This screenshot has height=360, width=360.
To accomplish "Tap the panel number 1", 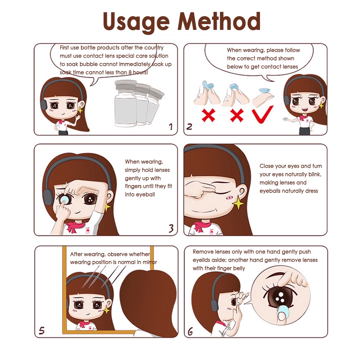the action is pyautogui.click(x=171, y=127).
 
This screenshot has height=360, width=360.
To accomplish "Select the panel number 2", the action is pyautogui.click(x=189, y=126).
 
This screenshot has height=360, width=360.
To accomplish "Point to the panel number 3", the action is pyautogui.click(x=171, y=229).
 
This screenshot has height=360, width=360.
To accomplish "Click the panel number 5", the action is pyautogui.click(x=41, y=330).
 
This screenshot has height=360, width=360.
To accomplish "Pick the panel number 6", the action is pyautogui.click(x=190, y=332).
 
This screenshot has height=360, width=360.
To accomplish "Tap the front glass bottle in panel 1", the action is pyautogui.click(x=126, y=103).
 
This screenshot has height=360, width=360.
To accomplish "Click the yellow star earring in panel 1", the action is pyautogui.click(x=80, y=111).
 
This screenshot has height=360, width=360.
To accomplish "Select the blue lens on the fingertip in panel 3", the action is pyautogui.click(x=64, y=199).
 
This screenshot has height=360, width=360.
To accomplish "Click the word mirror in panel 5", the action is pyautogui.click(x=150, y=262).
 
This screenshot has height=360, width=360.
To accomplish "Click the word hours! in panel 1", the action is pyautogui.click(x=140, y=72).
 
